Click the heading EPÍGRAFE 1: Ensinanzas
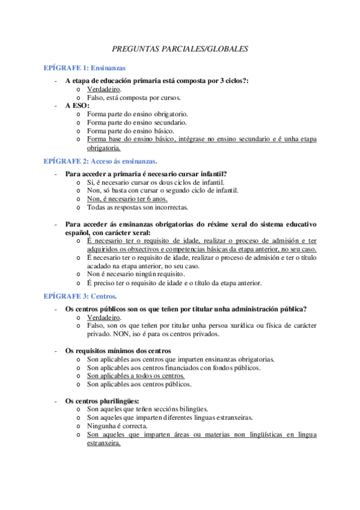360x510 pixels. pyautogui.click(x=85, y=68)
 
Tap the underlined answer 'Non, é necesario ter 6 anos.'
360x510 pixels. pyautogui.click(x=127, y=198)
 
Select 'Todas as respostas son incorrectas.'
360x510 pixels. pyautogui.click(x=138, y=207)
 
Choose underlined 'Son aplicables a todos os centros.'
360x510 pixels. pyautogui.click(x=136, y=376)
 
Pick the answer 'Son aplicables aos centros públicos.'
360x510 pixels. pyautogui.click(x=139, y=384)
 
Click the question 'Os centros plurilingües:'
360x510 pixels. pyautogui.click(x=102, y=401)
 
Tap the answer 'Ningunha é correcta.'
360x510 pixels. pyautogui.click(x=117, y=425)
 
